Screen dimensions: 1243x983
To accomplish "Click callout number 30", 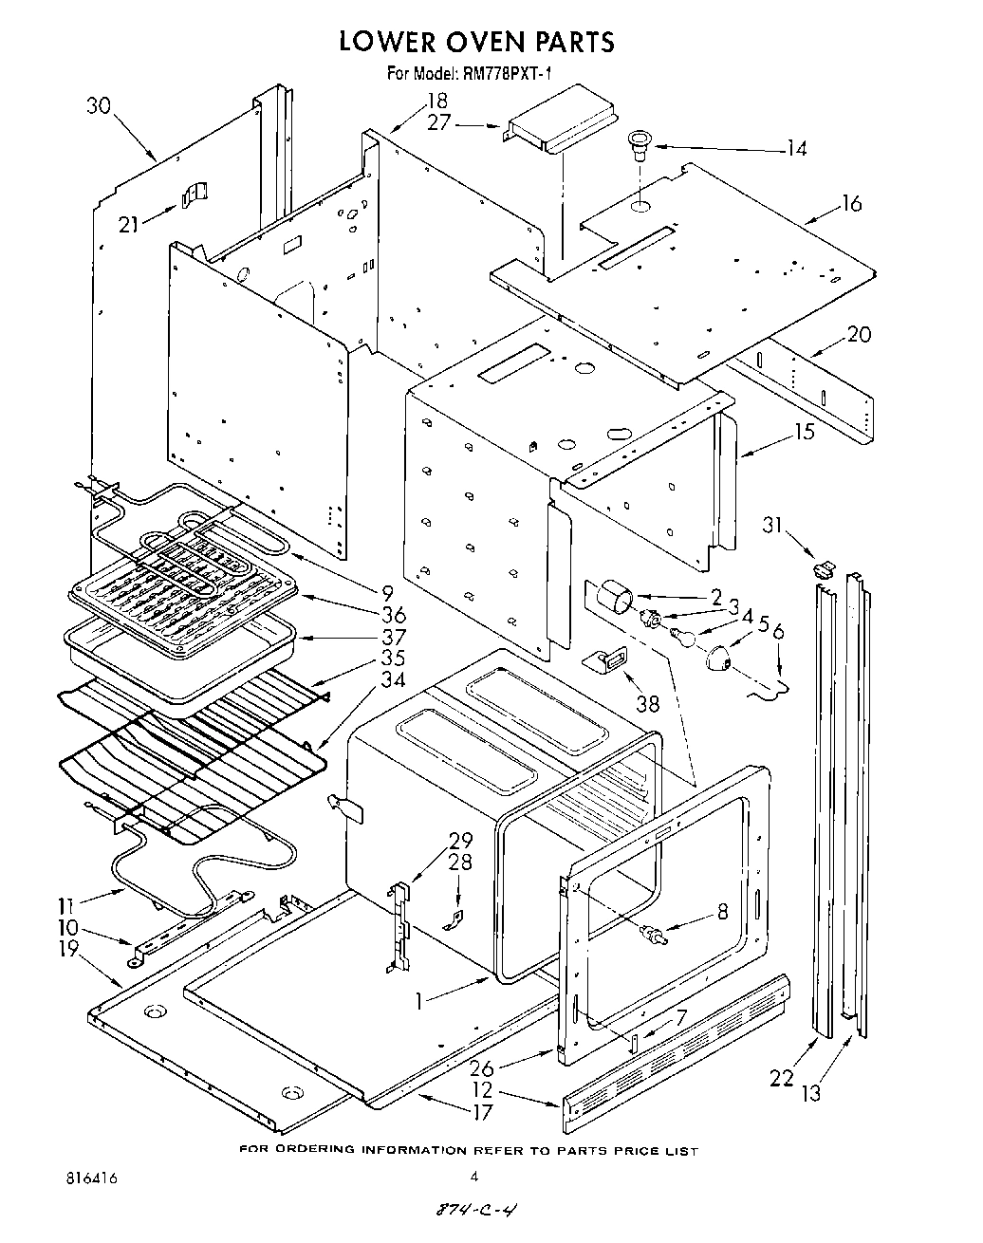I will (x=99, y=106).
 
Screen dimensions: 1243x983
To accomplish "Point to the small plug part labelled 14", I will (x=639, y=142).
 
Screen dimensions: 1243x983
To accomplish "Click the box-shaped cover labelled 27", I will (x=560, y=119).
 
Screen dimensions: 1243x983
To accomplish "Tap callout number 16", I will (x=851, y=203).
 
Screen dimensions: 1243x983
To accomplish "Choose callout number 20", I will (x=858, y=334).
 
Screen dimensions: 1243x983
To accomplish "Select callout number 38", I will (x=647, y=705).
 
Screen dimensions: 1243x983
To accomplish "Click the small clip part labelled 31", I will (x=823, y=569).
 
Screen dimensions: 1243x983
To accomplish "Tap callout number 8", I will (x=722, y=912).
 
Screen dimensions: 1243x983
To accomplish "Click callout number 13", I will (x=809, y=1093).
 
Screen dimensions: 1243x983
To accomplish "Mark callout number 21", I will (x=128, y=224).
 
